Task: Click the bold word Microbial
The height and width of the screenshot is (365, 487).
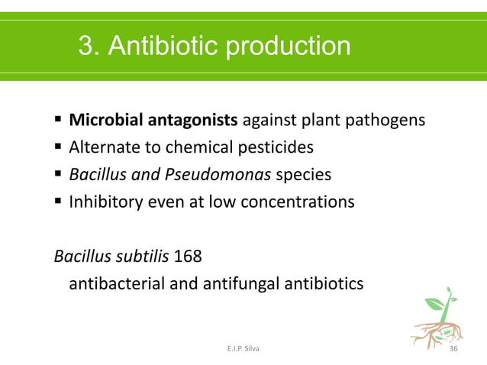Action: (105, 120)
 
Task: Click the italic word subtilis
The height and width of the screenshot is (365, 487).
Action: (144, 255)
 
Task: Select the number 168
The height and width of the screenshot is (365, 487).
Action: (187, 255)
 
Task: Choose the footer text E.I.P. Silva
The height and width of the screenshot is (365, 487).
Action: (243, 348)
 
